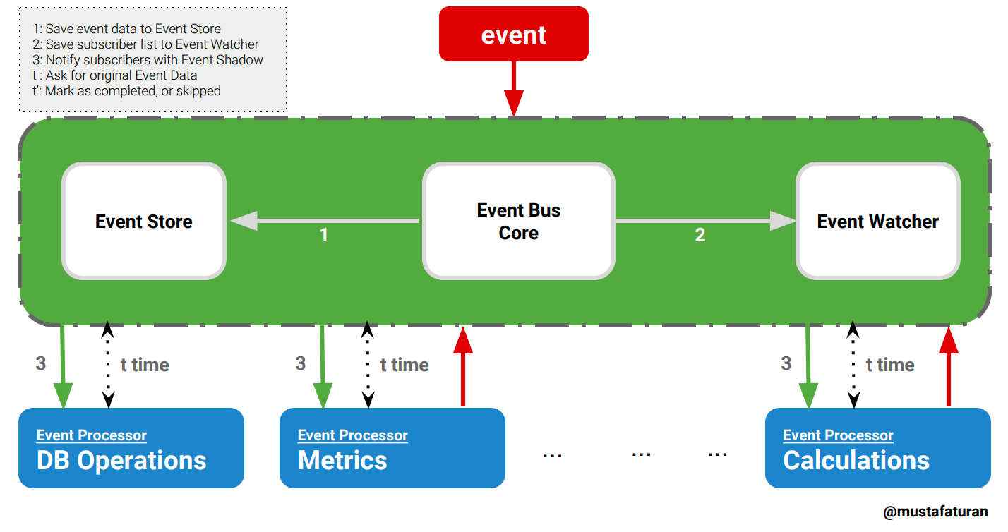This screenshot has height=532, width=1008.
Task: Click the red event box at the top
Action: (513, 35)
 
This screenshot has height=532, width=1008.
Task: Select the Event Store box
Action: (144, 222)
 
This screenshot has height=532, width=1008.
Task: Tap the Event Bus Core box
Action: (518, 222)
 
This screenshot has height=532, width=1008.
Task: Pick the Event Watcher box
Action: (877, 222)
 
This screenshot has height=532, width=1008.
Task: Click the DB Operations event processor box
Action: (131, 448)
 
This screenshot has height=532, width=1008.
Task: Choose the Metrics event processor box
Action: (392, 448)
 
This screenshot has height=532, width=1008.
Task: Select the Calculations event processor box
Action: (877, 448)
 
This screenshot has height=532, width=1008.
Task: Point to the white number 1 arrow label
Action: (324, 235)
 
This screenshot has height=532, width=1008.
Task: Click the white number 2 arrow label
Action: (700, 235)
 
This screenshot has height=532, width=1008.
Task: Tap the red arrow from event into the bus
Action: (513, 88)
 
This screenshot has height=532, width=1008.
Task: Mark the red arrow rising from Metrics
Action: (463, 367)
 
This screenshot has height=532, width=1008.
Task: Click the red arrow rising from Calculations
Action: (948, 367)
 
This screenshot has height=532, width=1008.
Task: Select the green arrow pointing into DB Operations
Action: (64, 367)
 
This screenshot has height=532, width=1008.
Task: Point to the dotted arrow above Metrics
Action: (368, 365)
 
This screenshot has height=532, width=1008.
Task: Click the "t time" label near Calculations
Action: (890, 365)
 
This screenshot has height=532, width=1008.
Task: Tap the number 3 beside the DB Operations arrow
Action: (41, 363)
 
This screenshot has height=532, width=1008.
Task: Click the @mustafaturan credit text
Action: (935, 512)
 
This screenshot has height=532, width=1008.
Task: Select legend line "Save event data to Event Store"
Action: (127, 29)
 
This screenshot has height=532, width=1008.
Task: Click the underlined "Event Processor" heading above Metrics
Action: (352, 435)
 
